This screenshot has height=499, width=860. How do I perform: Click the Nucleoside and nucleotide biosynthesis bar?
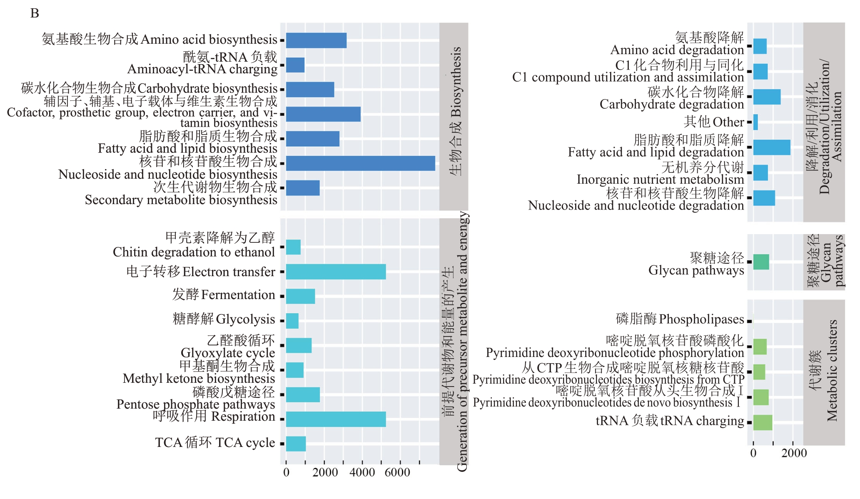click(360, 163)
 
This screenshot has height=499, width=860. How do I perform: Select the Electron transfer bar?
click(336, 272)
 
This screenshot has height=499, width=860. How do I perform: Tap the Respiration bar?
click(336, 419)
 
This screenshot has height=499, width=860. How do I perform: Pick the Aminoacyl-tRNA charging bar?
click(295, 65)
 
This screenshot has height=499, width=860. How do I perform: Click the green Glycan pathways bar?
click(761, 262)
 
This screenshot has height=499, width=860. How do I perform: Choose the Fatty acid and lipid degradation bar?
click(771, 147)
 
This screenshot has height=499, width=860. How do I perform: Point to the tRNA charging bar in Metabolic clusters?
click(763, 422)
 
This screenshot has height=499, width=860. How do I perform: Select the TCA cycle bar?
click(296, 444)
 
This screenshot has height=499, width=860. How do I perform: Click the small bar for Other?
click(755, 122)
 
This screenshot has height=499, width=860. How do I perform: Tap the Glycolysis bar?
click(292, 321)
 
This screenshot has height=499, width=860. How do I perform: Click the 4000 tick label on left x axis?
click(362, 473)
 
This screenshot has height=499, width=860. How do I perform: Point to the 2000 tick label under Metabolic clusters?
click(794, 453)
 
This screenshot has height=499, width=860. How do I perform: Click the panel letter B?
click(35, 13)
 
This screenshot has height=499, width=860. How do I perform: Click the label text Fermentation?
click(238, 295)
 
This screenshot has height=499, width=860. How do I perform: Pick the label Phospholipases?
click(701, 319)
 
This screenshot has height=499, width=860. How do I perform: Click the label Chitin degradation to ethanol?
click(194, 252)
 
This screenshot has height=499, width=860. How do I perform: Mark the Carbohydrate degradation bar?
click(767, 97)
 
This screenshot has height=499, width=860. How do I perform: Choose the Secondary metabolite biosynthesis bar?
click(303, 188)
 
